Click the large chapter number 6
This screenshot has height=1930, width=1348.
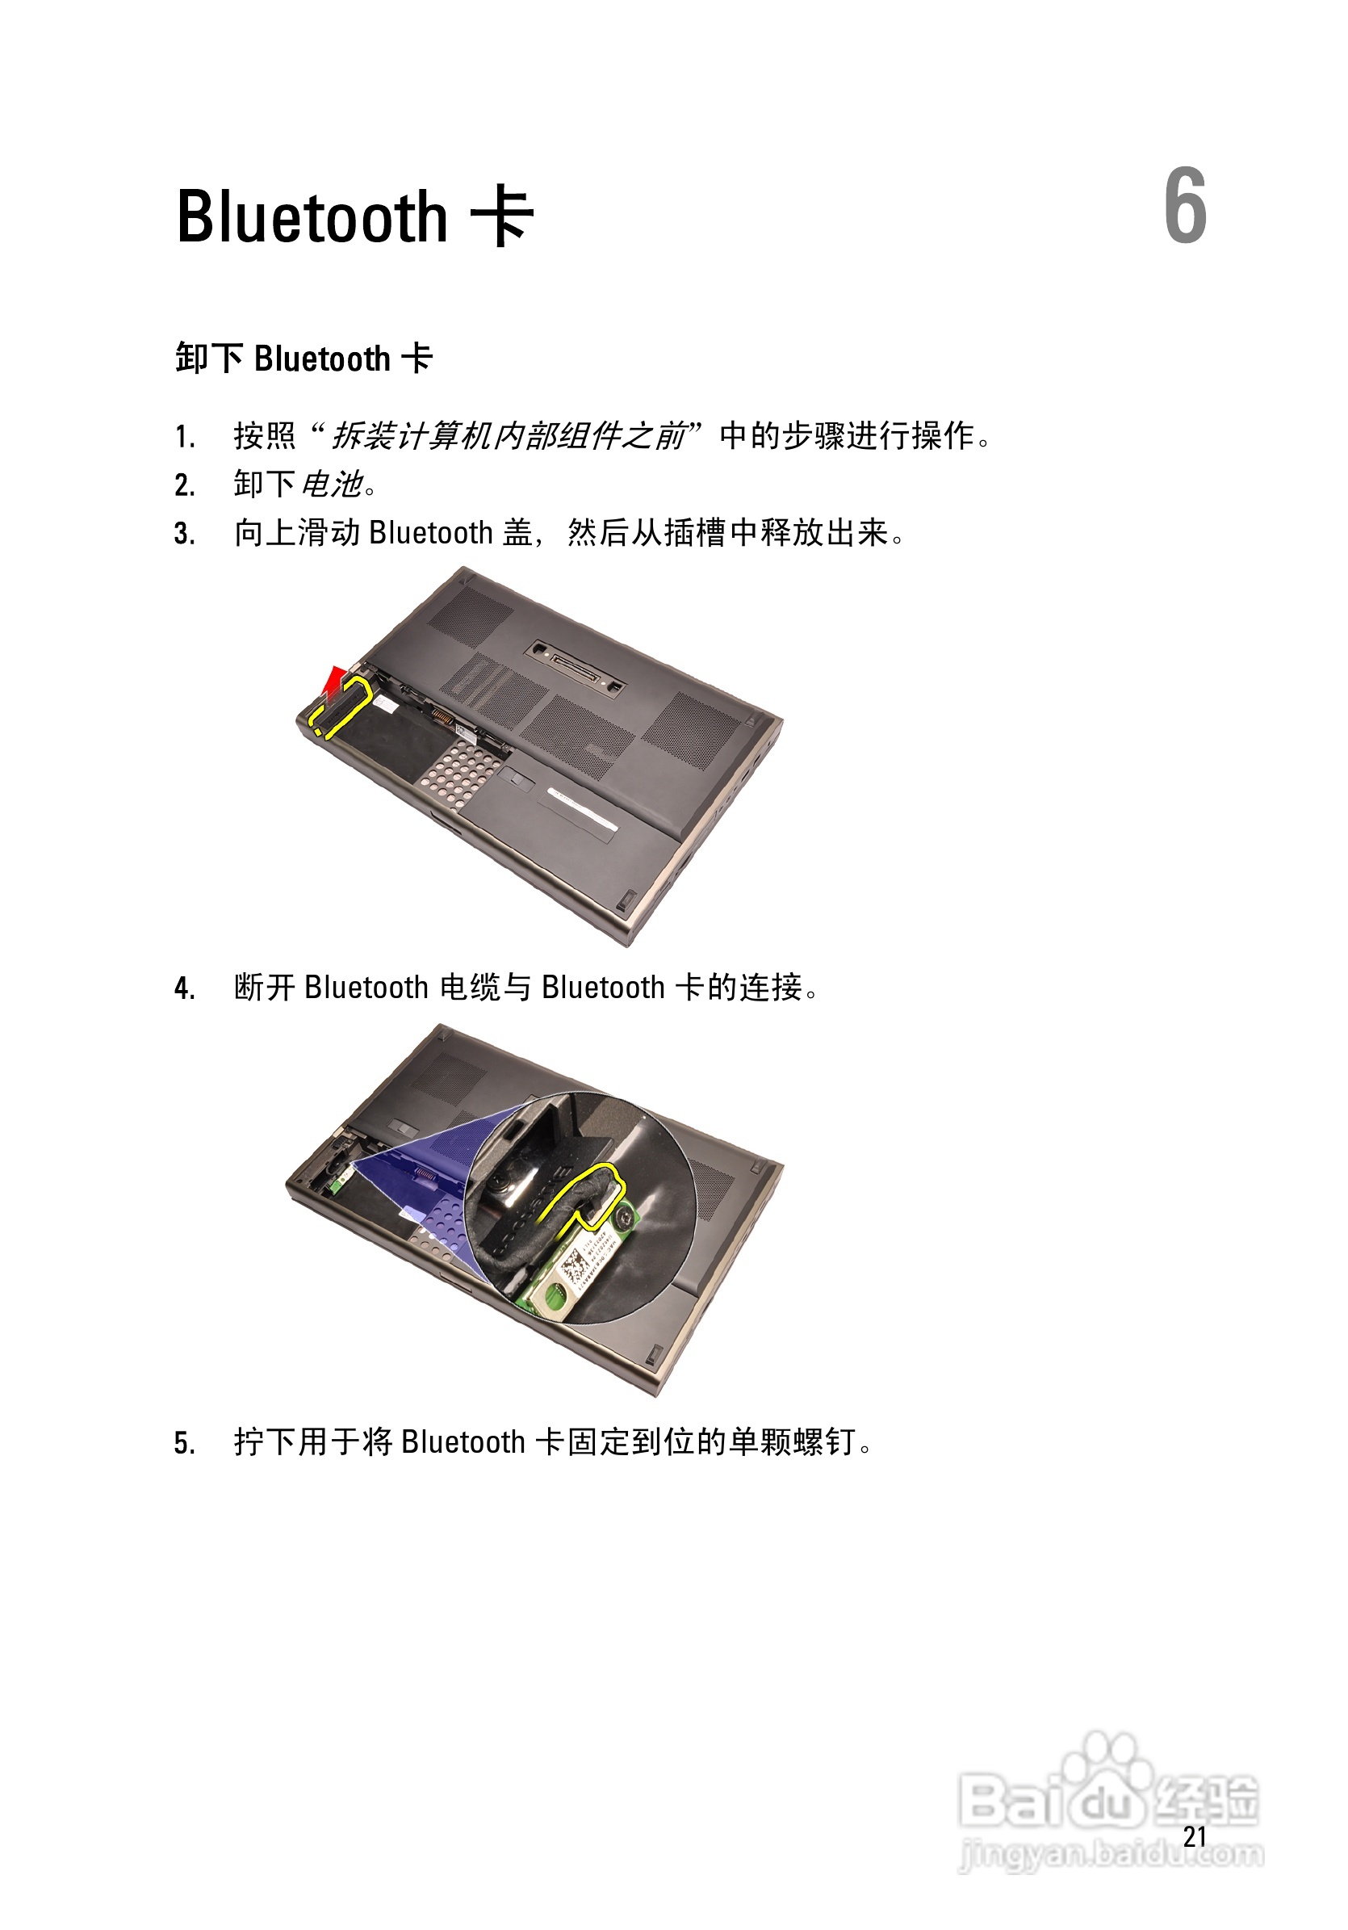click(x=1185, y=206)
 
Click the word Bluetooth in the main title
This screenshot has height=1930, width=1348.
click(x=312, y=218)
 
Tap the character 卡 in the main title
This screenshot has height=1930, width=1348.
click(x=502, y=217)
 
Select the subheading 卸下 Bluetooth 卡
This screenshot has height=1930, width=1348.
click(x=304, y=359)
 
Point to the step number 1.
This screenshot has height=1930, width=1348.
click(x=185, y=437)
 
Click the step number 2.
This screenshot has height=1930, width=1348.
click(x=185, y=485)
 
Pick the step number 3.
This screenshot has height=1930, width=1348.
click(x=185, y=534)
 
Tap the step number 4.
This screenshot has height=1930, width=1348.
click(x=185, y=988)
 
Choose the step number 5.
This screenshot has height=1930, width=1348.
click(x=185, y=1443)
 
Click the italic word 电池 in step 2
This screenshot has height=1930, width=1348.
click(x=332, y=485)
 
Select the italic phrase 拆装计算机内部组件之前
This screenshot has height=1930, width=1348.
click(x=509, y=435)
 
